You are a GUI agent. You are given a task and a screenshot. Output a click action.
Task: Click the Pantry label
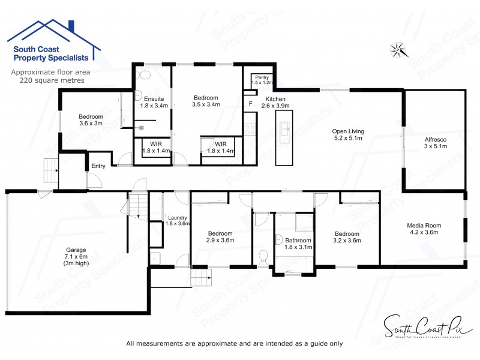[262, 77]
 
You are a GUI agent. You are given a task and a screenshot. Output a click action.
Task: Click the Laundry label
[178, 218]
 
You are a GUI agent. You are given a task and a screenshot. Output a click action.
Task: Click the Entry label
[97, 166]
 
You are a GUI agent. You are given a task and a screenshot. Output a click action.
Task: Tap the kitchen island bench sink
[284, 128]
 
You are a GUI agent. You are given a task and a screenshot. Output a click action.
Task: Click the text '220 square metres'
[47, 79]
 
